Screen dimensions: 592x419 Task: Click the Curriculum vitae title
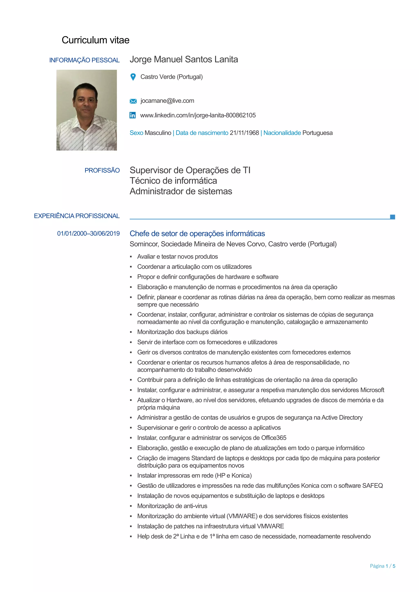(x=96, y=40)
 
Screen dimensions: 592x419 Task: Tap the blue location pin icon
(x=133, y=77)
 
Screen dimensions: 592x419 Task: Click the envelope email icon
(x=133, y=101)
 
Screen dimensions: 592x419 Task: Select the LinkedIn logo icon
(x=133, y=115)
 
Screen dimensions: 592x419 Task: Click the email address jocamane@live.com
(x=167, y=101)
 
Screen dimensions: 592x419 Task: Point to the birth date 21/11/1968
(x=244, y=133)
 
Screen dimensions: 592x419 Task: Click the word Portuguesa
(x=317, y=133)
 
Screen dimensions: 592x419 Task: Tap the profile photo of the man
(x=87, y=110)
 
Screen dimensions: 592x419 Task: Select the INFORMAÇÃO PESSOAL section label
(x=84, y=60)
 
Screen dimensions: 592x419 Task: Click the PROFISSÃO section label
(x=102, y=170)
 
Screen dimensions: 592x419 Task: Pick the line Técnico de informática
(x=173, y=181)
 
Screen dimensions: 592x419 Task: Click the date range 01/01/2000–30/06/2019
(x=89, y=234)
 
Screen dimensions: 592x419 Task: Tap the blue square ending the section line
(x=392, y=217)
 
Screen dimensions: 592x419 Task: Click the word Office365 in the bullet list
(x=274, y=438)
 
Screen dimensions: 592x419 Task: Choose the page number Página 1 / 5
(x=382, y=566)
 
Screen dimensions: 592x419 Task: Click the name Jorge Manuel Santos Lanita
(x=184, y=59)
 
